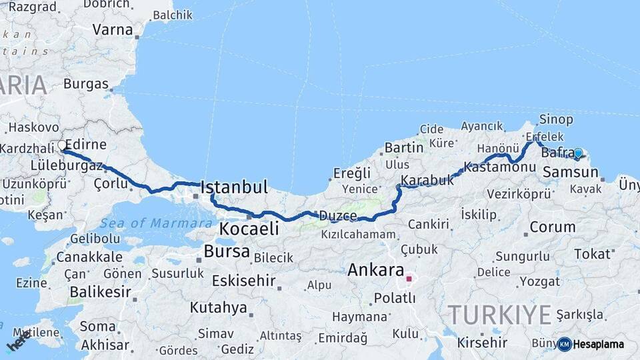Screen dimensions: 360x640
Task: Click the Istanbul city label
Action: tap(234, 187)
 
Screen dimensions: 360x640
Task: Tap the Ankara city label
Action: tap(376, 271)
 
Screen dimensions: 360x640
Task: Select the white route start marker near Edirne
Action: tap(62, 145)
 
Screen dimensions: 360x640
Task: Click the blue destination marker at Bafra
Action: tap(578, 153)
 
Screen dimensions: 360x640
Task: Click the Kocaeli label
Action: tap(249, 229)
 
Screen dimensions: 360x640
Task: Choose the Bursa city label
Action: tap(227, 252)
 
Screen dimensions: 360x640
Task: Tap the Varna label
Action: tap(113, 29)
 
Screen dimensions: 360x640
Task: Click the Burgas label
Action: tap(86, 84)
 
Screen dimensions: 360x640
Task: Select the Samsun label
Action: tap(571, 173)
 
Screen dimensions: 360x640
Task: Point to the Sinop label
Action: tap(556, 119)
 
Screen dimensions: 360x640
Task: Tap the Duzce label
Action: tap(338, 216)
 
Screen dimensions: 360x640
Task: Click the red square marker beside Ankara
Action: tap(409, 279)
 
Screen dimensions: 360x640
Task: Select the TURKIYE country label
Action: tap(499, 314)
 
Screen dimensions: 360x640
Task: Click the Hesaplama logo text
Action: tap(598, 344)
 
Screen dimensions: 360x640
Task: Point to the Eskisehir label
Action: tap(243, 281)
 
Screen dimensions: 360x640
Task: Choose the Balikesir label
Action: tap(100, 291)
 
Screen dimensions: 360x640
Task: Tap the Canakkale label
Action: tap(89, 257)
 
